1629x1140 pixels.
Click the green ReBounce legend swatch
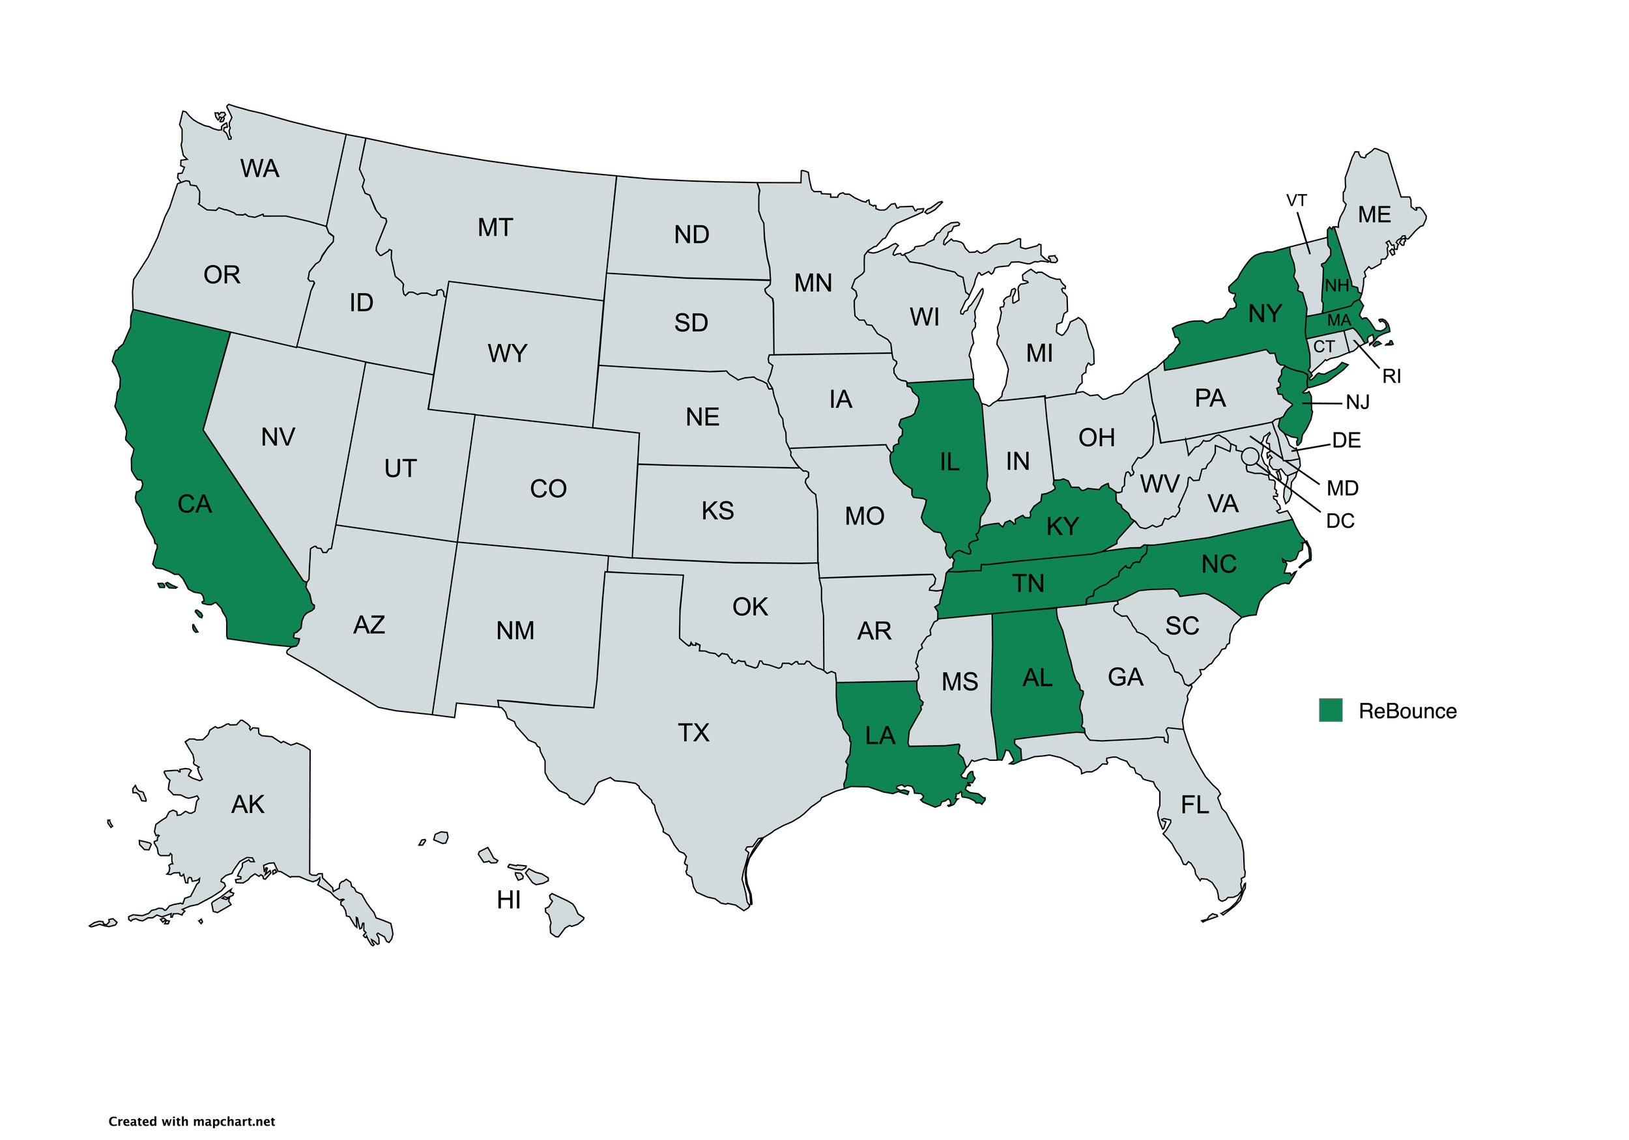click(x=1331, y=710)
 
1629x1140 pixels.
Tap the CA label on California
click(x=194, y=504)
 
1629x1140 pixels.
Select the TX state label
click(x=693, y=732)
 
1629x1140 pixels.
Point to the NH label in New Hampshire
click(x=1336, y=286)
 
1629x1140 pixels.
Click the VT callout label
click(x=1296, y=201)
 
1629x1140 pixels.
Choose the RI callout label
click(x=1391, y=377)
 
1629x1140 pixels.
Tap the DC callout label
click(x=1340, y=520)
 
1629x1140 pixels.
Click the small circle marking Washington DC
click(x=1250, y=455)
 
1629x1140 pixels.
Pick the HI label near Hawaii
click(x=509, y=900)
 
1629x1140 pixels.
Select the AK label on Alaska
click(x=248, y=805)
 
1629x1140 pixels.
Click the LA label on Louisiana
click(x=880, y=735)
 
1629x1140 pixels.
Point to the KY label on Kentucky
click(x=1062, y=526)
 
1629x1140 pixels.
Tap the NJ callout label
click(x=1357, y=403)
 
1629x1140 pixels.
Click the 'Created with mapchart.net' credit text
click(x=192, y=1122)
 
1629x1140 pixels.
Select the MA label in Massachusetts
click(x=1339, y=321)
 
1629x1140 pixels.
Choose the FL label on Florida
click(x=1195, y=805)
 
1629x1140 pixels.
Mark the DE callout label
click(x=1346, y=440)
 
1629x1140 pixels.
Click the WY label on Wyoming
click(x=508, y=353)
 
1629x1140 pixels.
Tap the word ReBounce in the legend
click(x=1407, y=711)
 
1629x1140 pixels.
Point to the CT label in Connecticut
click(x=1324, y=347)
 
